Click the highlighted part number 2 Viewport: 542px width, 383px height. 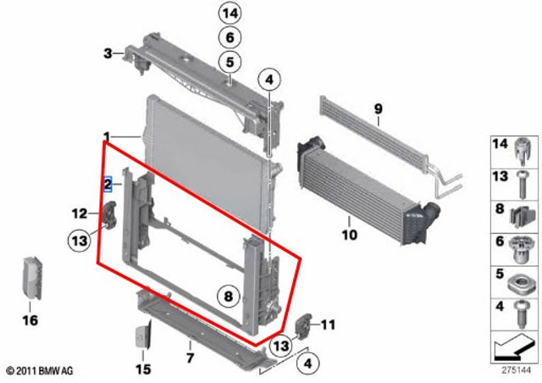(x=108, y=184)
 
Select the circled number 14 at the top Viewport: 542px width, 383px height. (x=230, y=14)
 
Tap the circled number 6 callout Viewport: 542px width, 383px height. (x=230, y=37)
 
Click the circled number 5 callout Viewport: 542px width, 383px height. (x=230, y=62)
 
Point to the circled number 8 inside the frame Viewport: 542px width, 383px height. (x=229, y=297)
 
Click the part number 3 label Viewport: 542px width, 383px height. (x=108, y=53)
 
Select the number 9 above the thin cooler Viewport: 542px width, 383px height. (x=379, y=109)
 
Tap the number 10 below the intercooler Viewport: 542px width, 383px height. (x=349, y=235)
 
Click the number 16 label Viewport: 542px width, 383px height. (x=30, y=320)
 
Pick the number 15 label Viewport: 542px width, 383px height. (x=143, y=369)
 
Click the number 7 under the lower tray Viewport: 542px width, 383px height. (x=190, y=358)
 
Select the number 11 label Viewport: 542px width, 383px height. (x=328, y=325)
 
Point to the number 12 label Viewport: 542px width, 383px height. (x=80, y=214)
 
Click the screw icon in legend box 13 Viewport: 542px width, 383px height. (x=523, y=185)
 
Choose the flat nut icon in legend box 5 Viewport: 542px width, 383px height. (x=523, y=285)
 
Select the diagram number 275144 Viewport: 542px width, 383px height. (x=516, y=370)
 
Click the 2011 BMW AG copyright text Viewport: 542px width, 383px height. (x=40, y=370)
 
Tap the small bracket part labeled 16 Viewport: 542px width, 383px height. (x=32, y=278)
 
